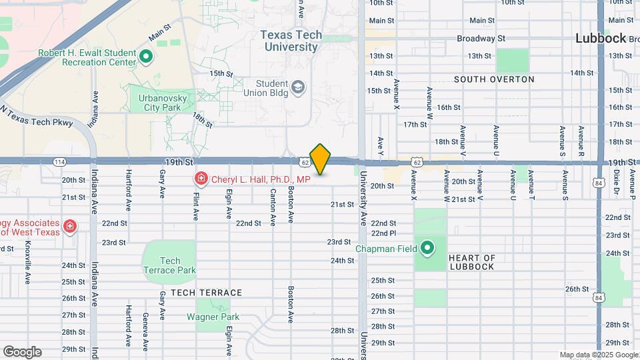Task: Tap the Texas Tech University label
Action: click(291, 41)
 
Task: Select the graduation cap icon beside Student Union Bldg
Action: click(298, 87)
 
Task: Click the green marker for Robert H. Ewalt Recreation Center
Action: click(146, 57)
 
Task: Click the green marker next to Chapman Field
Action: click(427, 249)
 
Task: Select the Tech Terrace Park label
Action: click(170, 265)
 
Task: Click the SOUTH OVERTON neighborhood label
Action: click(494, 79)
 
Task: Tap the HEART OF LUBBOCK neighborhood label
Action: click(471, 262)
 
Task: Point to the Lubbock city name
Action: click(601, 39)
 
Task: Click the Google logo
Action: click(22, 352)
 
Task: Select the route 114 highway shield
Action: click(60, 161)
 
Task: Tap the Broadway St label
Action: click(481, 39)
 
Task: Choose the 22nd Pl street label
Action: click(384, 233)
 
